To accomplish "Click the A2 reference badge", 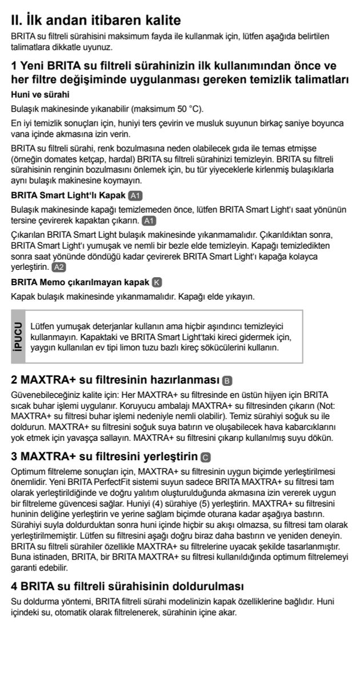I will (x=59, y=267).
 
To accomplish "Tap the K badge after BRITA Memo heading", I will (x=158, y=282).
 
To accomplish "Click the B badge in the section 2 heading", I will (x=227, y=381).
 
